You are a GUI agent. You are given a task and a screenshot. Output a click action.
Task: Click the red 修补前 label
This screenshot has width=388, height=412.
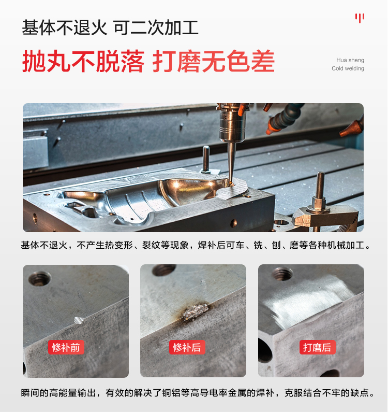click(66, 347)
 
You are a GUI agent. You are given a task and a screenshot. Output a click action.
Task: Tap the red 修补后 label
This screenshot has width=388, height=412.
click(187, 347)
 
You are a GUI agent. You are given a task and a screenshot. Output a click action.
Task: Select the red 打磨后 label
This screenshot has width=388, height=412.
click(318, 347)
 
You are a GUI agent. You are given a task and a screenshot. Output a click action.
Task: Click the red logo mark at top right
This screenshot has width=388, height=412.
click(360, 18)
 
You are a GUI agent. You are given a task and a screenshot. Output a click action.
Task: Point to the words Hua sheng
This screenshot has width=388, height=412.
click(350, 60)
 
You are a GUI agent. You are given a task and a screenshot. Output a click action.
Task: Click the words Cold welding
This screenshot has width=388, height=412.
click(348, 68)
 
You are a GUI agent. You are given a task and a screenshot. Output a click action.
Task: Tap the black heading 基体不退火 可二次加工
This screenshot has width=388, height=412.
click(110, 27)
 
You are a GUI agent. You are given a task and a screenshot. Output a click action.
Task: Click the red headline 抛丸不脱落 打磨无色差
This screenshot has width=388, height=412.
click(148, 62)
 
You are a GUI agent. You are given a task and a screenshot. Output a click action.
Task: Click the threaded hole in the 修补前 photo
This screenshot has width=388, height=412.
click(40, 278)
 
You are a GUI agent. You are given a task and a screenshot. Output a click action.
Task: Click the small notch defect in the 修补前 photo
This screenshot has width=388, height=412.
click(79, 320)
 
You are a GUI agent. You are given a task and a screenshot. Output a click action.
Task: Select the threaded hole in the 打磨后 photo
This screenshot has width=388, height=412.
click(282, 274)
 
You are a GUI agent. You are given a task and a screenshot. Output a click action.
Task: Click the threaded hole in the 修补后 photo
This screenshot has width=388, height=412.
click(163, 270)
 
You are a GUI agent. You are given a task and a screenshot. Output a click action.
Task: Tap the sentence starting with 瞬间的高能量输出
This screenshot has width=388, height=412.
click(198, 393)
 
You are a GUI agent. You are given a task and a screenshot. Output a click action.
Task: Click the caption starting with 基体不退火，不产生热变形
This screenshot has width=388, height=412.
click(196, 245)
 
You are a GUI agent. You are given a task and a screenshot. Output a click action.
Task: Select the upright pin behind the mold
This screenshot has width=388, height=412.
click(206, 159)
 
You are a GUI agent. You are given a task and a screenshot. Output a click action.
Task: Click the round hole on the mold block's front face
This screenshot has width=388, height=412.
click(233, 223)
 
